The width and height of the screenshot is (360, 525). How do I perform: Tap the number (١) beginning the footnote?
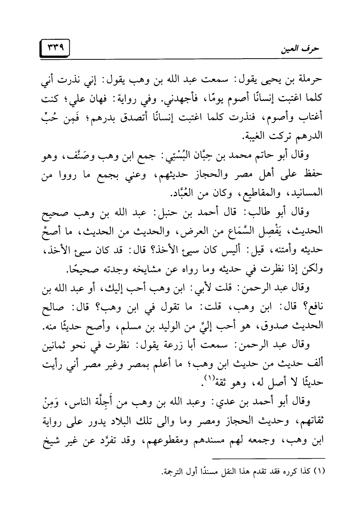click(318, 472)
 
